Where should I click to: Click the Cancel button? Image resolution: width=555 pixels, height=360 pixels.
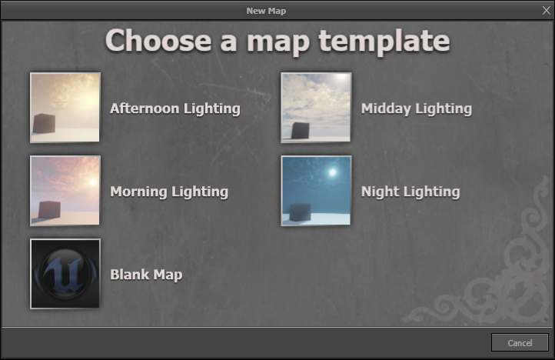pos(520,342)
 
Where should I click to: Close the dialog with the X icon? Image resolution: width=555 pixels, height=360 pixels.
pos(546,10)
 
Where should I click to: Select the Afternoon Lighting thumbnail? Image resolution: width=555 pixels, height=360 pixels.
pos(65,108)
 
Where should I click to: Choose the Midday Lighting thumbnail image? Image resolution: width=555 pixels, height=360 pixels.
pos(316,108)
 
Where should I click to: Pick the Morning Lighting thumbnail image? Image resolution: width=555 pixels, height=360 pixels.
pos(65,191)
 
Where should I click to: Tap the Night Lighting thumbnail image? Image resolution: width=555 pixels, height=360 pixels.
pos(316,191)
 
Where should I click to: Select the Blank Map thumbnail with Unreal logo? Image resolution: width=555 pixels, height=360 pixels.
pos(65,274)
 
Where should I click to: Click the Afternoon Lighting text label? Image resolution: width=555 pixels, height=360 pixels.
pos(175,108)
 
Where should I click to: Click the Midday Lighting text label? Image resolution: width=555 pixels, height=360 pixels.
pos(416,108)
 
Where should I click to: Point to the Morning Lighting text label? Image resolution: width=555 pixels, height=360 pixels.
pos(169,192)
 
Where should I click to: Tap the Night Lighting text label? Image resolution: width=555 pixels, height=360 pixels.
pos(410,192)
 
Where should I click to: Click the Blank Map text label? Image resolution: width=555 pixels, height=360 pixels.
pos(146,275)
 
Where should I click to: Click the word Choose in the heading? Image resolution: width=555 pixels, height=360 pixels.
pos(158,40)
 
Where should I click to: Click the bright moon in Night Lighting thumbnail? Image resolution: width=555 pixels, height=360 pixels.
pos(332,173)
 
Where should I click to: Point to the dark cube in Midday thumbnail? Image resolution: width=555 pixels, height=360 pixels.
pos(298,130)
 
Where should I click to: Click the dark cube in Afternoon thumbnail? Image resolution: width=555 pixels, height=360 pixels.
pos(44,123)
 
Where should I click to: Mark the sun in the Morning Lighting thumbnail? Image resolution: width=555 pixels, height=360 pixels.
pos(91,182)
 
